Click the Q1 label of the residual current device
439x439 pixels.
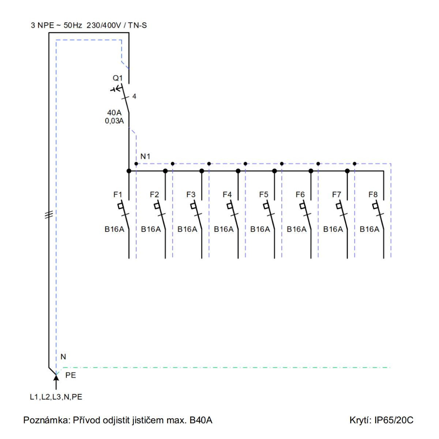(x=117, y=78)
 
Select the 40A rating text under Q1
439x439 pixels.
(x=115, y=113)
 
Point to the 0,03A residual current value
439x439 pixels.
(x=115, y=121)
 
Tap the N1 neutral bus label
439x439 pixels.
(x=145, y=156)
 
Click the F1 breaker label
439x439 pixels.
(x=118, y=194)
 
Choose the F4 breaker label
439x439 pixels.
(x=227, y=194)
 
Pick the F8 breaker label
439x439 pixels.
(x=373, y=194)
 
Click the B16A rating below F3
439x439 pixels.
(x=187, y=229)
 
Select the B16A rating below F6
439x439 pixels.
(x=296, y=229)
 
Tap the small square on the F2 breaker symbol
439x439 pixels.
(x=157, y=206)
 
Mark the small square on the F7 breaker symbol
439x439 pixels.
(x=339, y=206)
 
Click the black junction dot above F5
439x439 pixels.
(x=274, y=171)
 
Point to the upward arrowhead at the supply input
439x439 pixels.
(x=56, y=378)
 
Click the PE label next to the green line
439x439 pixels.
(x=70, y=375)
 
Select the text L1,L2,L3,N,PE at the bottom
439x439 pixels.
(x=56, y=397)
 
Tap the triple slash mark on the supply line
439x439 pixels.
(x=49, y=214)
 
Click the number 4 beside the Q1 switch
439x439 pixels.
(x=134, y=96)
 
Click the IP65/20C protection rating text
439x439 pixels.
(x=394, y=420)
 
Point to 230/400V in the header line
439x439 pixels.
(x=104, y=25)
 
